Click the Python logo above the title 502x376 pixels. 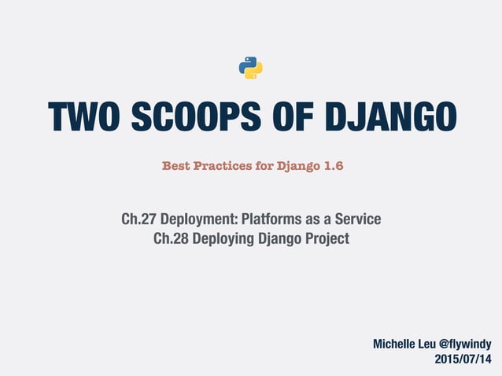tap(250, 68)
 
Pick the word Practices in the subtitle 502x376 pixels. tap(223, 166)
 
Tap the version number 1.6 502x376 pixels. tap(334, 166)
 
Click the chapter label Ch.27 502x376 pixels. tap(138, 219)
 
